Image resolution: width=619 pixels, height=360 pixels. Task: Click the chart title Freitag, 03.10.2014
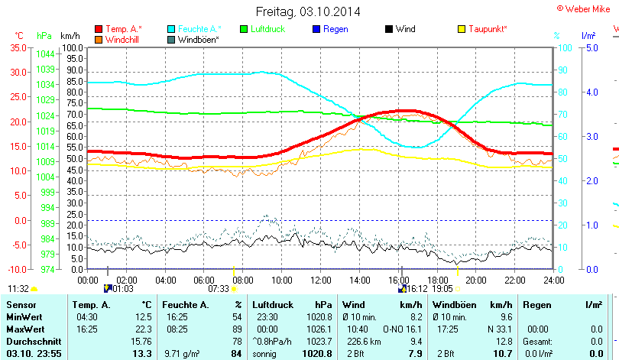[309, 11]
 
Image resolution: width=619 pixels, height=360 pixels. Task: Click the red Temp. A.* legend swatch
[99, 29]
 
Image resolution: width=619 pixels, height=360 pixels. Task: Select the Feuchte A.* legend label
[199, 29]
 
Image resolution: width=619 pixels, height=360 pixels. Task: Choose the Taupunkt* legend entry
[488, 29]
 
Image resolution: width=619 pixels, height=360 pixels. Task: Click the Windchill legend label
[125, 39]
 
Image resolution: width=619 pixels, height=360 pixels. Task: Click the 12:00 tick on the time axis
[321, 281]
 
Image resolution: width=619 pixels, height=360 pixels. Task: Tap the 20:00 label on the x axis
[475, 281]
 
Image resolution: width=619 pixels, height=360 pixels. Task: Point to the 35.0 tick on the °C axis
[17, 47]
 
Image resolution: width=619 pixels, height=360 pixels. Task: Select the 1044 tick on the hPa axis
[45, 54]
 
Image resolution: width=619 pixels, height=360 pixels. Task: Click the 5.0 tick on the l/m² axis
[591, 47]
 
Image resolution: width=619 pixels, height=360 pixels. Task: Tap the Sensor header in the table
[21, 304]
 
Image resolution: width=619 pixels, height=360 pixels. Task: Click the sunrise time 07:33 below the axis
[218, 289]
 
